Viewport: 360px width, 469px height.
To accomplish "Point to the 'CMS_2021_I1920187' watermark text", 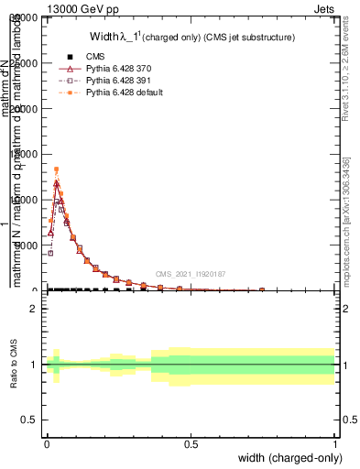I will pos(191,274).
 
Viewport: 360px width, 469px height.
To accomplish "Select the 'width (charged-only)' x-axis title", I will pos(290,457).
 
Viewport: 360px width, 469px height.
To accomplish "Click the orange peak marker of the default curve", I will pos(56,169).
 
